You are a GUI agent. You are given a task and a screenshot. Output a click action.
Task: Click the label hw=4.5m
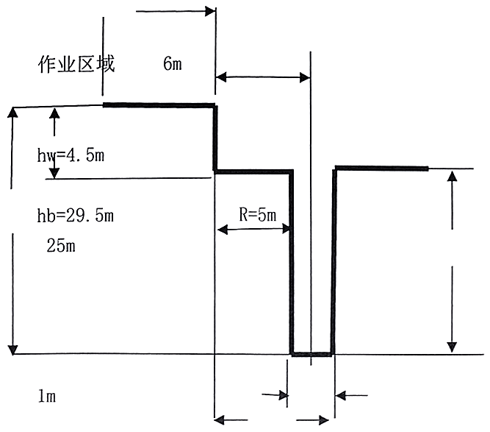tap(73, 156)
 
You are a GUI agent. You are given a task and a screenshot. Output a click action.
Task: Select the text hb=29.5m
tap(76, 216)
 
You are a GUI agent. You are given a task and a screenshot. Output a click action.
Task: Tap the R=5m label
tap(257, 215)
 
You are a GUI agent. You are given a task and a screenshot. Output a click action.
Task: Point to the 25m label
tap(61, 245)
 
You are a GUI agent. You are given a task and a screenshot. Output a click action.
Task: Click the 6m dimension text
tap(173, 64)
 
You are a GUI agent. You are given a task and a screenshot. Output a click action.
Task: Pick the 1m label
tap(46, 396)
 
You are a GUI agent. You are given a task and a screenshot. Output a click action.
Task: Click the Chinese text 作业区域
tap(76, 64)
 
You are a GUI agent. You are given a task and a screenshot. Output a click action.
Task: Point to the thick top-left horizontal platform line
tap(159, 105)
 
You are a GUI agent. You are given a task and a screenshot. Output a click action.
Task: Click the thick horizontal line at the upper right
tap(381, 169)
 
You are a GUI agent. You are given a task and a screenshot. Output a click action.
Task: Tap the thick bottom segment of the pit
tap(311, 355)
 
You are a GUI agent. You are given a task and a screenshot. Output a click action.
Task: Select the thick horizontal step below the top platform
tap(253, 171)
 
